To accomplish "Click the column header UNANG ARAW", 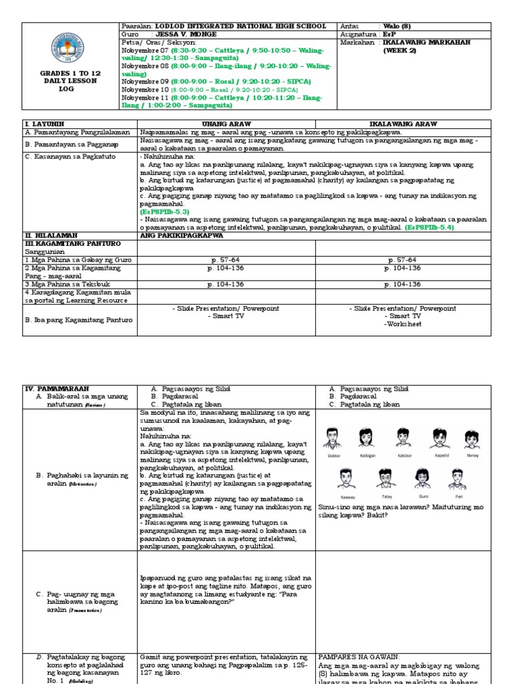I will click(226, 124).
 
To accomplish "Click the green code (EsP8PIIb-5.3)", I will click(160, 211).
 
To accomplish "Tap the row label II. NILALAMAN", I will click(52, 235).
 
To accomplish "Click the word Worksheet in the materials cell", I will click(404, 324).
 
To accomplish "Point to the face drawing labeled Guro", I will click(421, 478).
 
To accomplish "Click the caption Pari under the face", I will click(458, 498).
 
